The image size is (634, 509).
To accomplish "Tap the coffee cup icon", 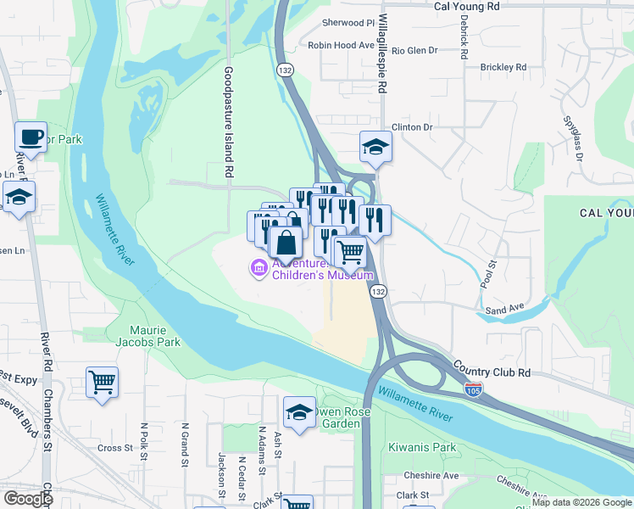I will pyautogui.click(x=31, y=137).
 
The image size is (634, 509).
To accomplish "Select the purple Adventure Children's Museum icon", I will pyautogui.click(x=258, y=269).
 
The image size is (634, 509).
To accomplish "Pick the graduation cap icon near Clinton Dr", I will pyautogui.click(x=374, y=147).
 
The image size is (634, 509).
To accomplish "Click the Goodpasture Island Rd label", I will pyautogui.click(x=229, y=122).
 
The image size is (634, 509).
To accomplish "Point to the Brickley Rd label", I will pyautogui.click(x=503, y=67).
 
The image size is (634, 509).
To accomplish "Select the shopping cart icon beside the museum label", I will pyautogui.click(x=350, y=251).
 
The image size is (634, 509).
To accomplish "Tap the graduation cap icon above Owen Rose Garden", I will pyautogui.click(x=299, y=412).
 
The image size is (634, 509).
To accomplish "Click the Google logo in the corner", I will pyautogui.click(x=28, y=498).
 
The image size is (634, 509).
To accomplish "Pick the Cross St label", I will pyautogui.click(x=115, y=448).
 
